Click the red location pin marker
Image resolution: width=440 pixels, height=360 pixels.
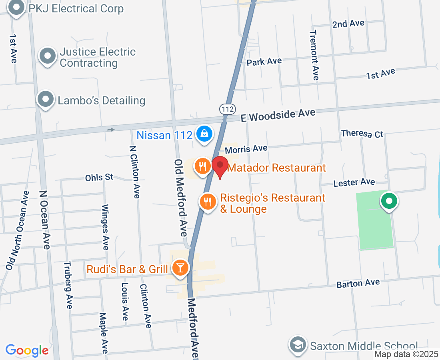point(220,166)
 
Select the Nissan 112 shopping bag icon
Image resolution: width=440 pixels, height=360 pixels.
point(204,134)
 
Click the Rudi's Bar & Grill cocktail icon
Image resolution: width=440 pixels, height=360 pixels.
point(180,267)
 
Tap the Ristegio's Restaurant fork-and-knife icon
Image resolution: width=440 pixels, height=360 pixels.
point(207,201)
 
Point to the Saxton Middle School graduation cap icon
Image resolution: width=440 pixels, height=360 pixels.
point(298,345)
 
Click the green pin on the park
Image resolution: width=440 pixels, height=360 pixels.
point(388,201)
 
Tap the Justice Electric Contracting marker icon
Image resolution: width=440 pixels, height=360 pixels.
point(48,56)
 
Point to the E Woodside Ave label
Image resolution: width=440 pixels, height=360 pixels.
point(278,116)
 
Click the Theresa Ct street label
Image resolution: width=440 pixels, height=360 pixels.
point(362,134)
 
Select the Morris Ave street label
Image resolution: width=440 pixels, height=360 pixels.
point(246,149)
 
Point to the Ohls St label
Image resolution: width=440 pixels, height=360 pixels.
point(99,177)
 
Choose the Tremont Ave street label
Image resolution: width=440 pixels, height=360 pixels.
point(314,55)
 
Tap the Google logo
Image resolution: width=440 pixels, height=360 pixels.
point(27,350)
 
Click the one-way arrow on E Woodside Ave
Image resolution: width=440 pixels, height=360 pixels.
point(111,129)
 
